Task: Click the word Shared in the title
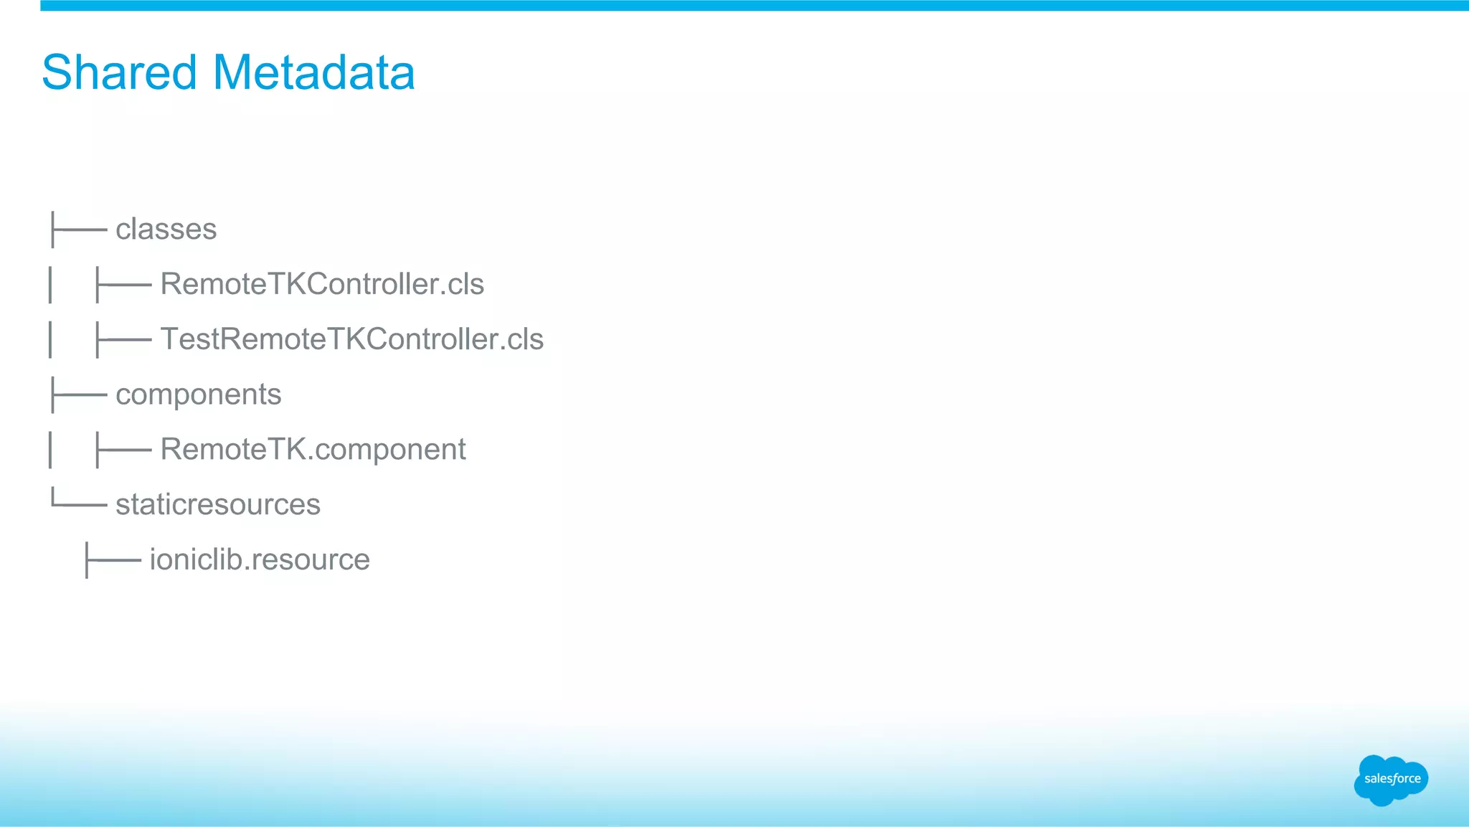pos(119,72)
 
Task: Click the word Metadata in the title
pos(313,72)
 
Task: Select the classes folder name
pos(166,230)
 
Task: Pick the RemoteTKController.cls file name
pos(322,284)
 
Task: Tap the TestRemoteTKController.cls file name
pos(351,339)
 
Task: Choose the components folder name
pos(198,394)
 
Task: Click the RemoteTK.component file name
pos(313,450)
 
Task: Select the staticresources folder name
pos(217,504)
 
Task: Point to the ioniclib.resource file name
pos(260,559)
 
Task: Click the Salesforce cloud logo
pos(1391,780)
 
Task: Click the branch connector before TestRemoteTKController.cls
pos(123,340)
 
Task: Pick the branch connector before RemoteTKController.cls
pos(123,285)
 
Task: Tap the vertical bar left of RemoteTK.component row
pos(50,450)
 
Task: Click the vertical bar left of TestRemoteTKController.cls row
pos(50,339)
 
